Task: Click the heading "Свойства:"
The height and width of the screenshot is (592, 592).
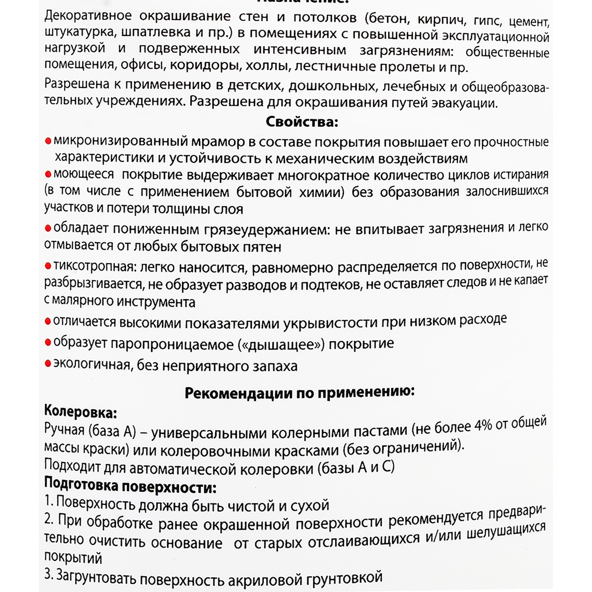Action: [x=302, y=122]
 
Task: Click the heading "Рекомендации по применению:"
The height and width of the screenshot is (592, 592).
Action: [x=299, y=392]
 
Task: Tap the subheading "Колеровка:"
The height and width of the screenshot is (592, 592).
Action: [x=81, y=411]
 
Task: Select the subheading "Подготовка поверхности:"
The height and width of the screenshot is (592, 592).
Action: [x=130, y=486]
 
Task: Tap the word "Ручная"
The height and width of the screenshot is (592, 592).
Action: [x=64, y=429]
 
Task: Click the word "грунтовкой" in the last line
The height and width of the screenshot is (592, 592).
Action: [x=347, y=578]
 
